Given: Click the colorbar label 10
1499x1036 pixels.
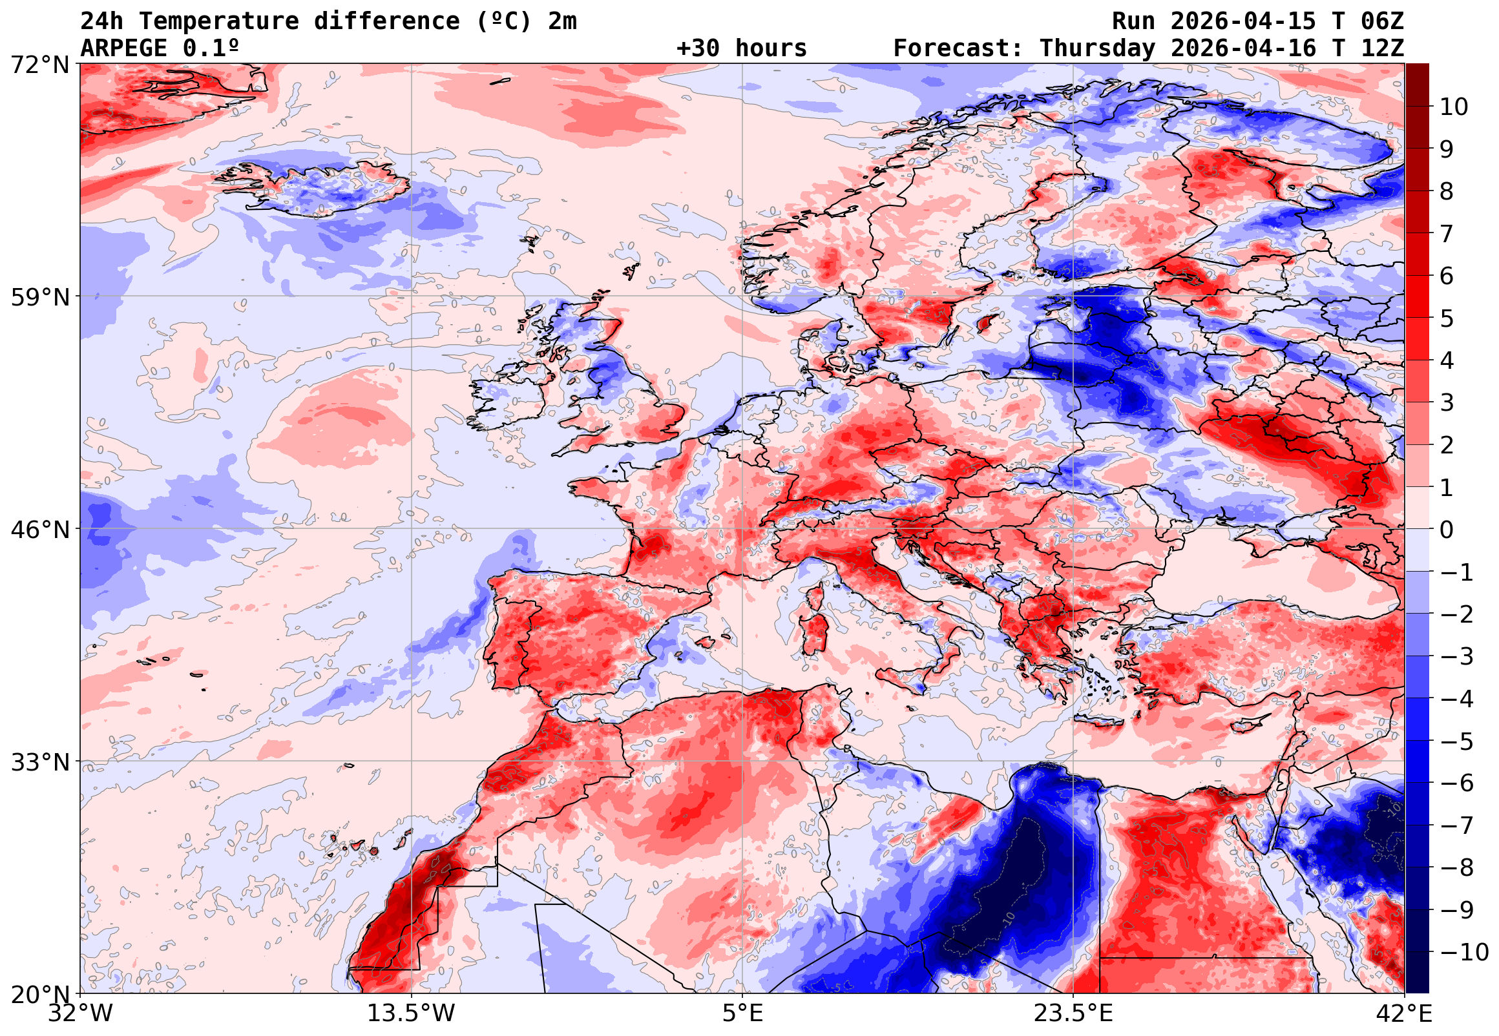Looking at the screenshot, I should click(1454, 107).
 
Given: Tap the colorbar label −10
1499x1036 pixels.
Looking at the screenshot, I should click(1464, 952).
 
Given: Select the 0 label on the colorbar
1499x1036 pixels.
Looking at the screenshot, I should click(1447, 530).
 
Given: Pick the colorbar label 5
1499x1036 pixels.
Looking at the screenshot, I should click(1447, 318).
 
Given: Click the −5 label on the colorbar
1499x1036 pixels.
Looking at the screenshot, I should click(1457, 741).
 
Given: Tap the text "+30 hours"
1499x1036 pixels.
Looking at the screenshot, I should click(741, 48).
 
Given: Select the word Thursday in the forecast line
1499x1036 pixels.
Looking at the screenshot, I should click(1097, 48).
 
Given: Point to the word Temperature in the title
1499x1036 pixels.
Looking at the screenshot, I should click(219, 21).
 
